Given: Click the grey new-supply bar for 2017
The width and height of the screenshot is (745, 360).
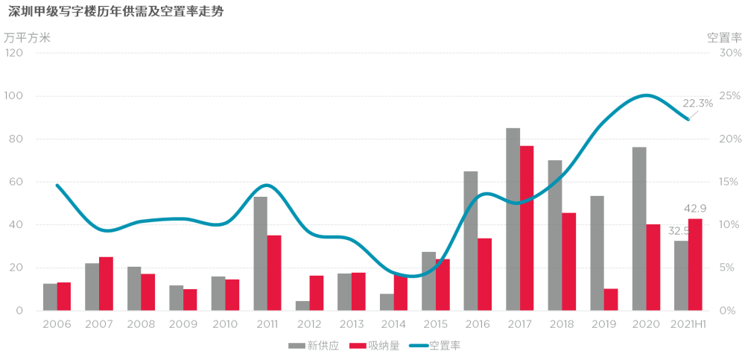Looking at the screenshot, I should (x=513, y=219).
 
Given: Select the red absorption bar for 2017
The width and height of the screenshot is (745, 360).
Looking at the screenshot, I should (x=527, y=228).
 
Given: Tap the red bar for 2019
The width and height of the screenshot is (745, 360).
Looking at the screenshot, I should (x=612, y=300).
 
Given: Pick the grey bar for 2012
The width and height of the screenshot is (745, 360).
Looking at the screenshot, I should (x=302, y=306).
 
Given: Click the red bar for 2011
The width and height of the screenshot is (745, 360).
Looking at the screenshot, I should (x=274, y=273).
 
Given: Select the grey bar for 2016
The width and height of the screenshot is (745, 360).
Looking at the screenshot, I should (x=471, y=241).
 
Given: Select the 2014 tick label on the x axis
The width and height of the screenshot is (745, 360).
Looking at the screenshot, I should (x=394, y=324).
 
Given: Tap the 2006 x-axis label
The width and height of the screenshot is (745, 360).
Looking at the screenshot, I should (x=57, y=324).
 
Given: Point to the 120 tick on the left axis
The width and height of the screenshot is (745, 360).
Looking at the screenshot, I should (x=14, y=54).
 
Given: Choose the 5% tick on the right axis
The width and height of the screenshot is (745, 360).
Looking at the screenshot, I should (x=730, y=268).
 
